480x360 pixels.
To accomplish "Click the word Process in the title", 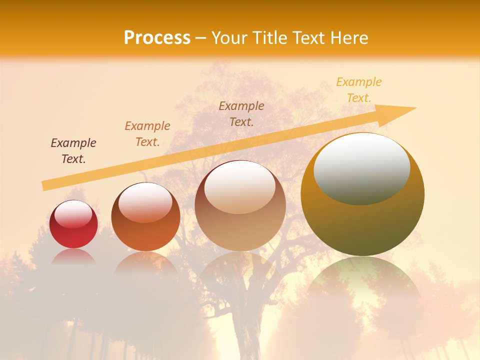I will click(x=157, y=38).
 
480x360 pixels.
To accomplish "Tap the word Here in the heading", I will click(x=348, y=38).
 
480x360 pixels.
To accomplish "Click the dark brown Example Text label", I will click(x=73, y=151).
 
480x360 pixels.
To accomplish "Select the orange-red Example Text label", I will click(x=147, y=134).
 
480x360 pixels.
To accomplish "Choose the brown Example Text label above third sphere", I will click(x=241, y=113).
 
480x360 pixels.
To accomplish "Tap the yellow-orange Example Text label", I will click(x=358, y=90).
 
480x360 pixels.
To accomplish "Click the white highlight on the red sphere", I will click(x=73, y=214).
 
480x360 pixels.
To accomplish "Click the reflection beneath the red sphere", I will click(x=73, y=257).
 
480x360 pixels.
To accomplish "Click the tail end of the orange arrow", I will click(x=45, y=186).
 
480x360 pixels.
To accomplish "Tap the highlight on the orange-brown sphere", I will click(x=145, y=201).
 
